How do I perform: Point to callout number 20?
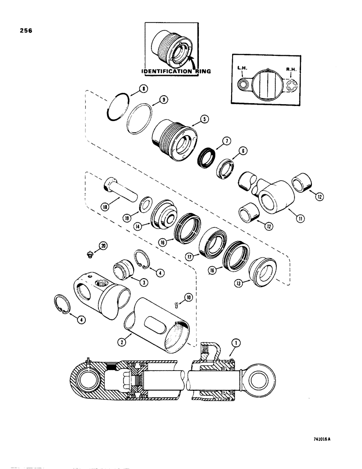[103, 245]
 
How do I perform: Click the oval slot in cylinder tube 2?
[154, 324]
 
